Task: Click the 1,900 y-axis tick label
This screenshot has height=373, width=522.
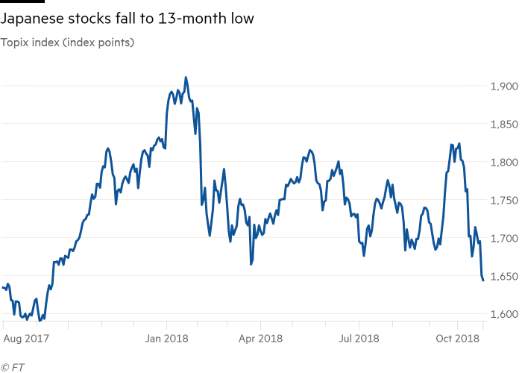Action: click(504, 86)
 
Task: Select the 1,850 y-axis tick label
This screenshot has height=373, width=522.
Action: click(504, 124)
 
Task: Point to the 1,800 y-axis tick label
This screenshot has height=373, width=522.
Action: click(504, 162)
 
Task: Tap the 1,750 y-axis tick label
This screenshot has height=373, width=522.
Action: click(504, 200)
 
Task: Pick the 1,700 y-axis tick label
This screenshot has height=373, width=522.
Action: click(504, 238)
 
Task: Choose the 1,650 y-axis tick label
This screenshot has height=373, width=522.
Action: click(504, 276)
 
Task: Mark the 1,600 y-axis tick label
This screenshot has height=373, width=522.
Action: click(504, 314)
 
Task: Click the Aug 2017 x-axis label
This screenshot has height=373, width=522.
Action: click(23, 338)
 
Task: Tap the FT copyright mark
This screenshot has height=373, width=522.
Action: click(13, 366)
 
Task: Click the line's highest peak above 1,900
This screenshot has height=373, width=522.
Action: click(186, 77)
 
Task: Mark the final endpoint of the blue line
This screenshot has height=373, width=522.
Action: click(483, 281)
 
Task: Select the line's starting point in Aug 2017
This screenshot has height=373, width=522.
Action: click(3, 286)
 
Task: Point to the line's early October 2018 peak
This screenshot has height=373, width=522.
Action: click(458, 143)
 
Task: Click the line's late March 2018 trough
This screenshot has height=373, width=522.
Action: click(252, 263)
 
